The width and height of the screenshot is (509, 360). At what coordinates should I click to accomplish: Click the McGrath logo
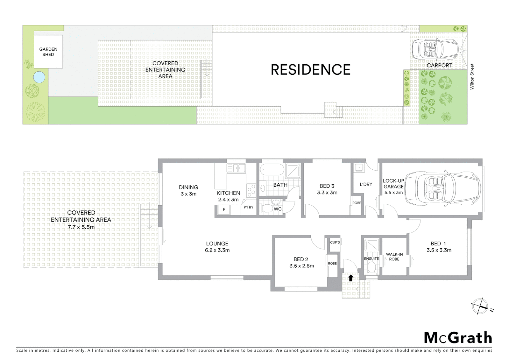[458, 338]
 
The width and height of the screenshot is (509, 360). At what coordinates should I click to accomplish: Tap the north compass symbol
[480, 306]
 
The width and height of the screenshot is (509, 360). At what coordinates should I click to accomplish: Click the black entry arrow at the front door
[350, 278]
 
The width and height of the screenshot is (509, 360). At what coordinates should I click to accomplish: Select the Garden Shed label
[48, 52]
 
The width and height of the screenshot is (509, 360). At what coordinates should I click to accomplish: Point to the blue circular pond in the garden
[39, 77]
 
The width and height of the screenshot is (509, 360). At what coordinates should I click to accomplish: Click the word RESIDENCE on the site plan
[310, 70]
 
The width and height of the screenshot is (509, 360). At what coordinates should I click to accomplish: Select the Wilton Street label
[472, 77]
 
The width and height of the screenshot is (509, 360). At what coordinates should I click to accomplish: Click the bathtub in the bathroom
[271, 170]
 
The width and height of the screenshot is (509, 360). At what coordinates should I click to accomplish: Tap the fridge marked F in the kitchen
[224, 210]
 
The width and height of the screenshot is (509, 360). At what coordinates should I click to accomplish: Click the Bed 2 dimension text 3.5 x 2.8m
[302, 266]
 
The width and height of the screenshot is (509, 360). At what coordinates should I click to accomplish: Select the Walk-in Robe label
[394, 257]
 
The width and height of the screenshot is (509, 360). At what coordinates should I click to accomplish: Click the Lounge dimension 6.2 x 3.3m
[217, 250]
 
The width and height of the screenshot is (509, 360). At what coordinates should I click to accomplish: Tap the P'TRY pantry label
[249, 207]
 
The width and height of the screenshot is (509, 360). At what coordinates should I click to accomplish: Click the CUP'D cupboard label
[335, 242]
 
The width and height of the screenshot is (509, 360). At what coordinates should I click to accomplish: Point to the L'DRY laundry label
[366, 184]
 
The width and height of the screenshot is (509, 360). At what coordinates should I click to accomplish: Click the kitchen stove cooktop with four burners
[251, 190]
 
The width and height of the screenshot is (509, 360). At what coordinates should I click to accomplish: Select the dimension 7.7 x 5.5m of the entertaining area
[81, 227]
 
